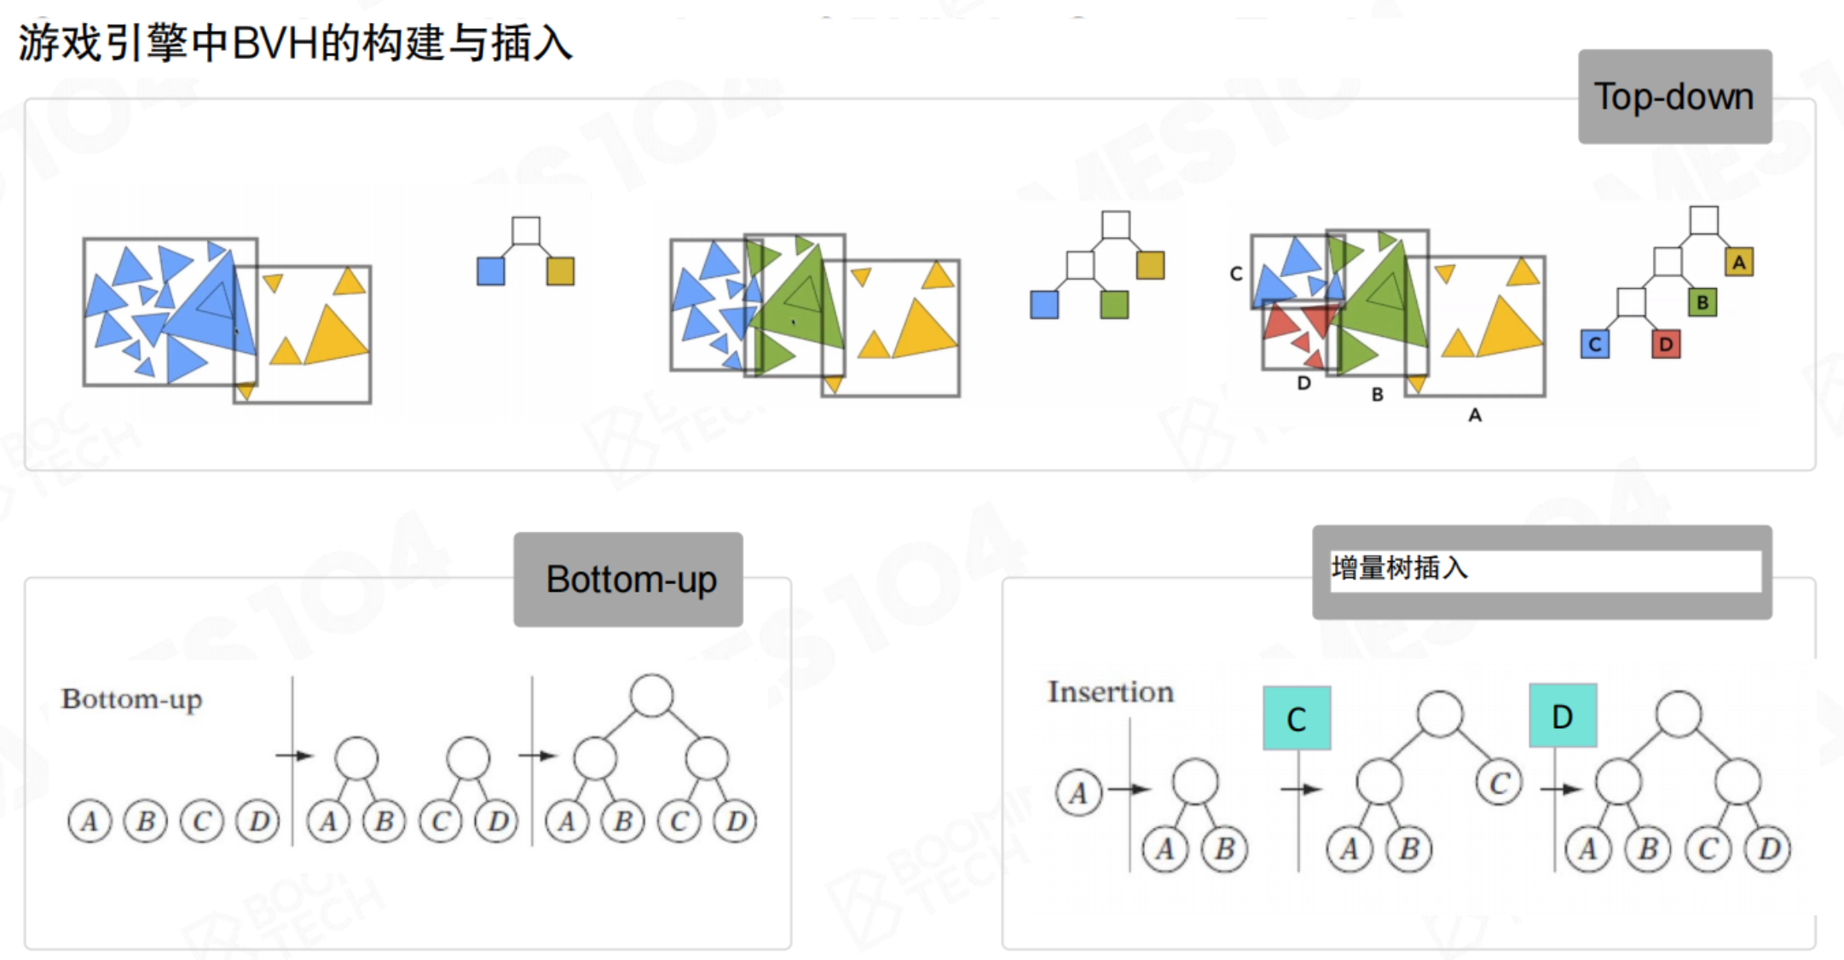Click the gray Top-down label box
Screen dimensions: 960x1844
coord(1673,96)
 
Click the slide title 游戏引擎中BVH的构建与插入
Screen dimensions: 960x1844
coord(295,43)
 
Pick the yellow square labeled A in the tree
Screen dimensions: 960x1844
coord(1739,262)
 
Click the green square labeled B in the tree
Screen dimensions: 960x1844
coord(1702,302)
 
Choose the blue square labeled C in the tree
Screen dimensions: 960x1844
coord(1594,344)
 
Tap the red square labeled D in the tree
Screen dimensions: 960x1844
coord(1666,344)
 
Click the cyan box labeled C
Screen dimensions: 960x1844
coord(1297,719)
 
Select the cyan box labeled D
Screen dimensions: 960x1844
coord(1562,716)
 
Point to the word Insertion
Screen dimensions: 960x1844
coord(1110,691)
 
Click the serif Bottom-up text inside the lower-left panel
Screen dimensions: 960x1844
coord(131,699)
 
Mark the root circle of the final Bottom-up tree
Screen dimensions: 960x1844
coord(651,696)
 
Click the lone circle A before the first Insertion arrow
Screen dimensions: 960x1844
coord(1078,792)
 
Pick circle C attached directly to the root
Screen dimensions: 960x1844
coord(1499,783)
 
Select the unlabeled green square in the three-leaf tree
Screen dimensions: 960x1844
coord(1113,304)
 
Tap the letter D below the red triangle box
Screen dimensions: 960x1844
coord(1304,384)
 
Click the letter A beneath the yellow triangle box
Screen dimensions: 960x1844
coord(1475,415)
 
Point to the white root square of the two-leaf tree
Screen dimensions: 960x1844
coord(526,230)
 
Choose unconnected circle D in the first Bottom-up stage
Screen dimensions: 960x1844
coord(258,821)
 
